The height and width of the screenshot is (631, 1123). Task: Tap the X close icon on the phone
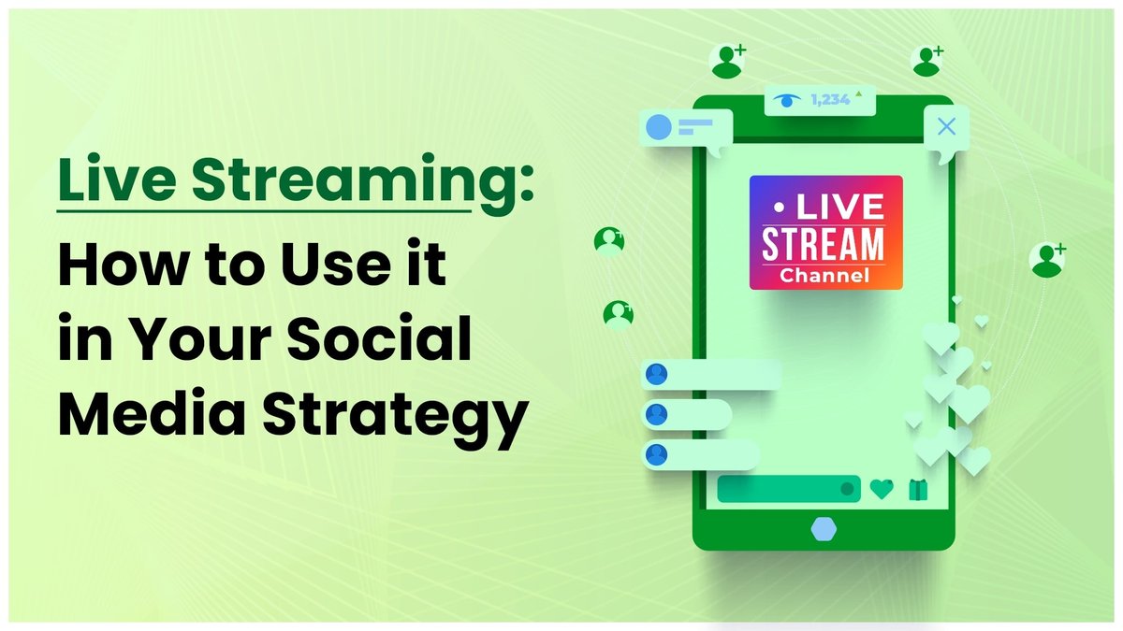[946, 127]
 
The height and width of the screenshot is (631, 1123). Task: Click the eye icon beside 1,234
[789, 98]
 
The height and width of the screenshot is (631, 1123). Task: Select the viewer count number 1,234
[830, 98]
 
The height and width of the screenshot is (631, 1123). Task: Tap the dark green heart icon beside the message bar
[882, 488]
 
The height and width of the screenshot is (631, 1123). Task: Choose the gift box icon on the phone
[916, 488]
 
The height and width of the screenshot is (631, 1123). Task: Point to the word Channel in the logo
[824, 276]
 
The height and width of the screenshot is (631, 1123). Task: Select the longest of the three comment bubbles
[711, 374]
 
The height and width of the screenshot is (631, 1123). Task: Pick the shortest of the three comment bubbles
[687, 414]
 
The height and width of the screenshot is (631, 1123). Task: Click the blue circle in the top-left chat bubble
[660, 127]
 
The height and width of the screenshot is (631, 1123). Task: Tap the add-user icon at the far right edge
[1047, 259]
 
